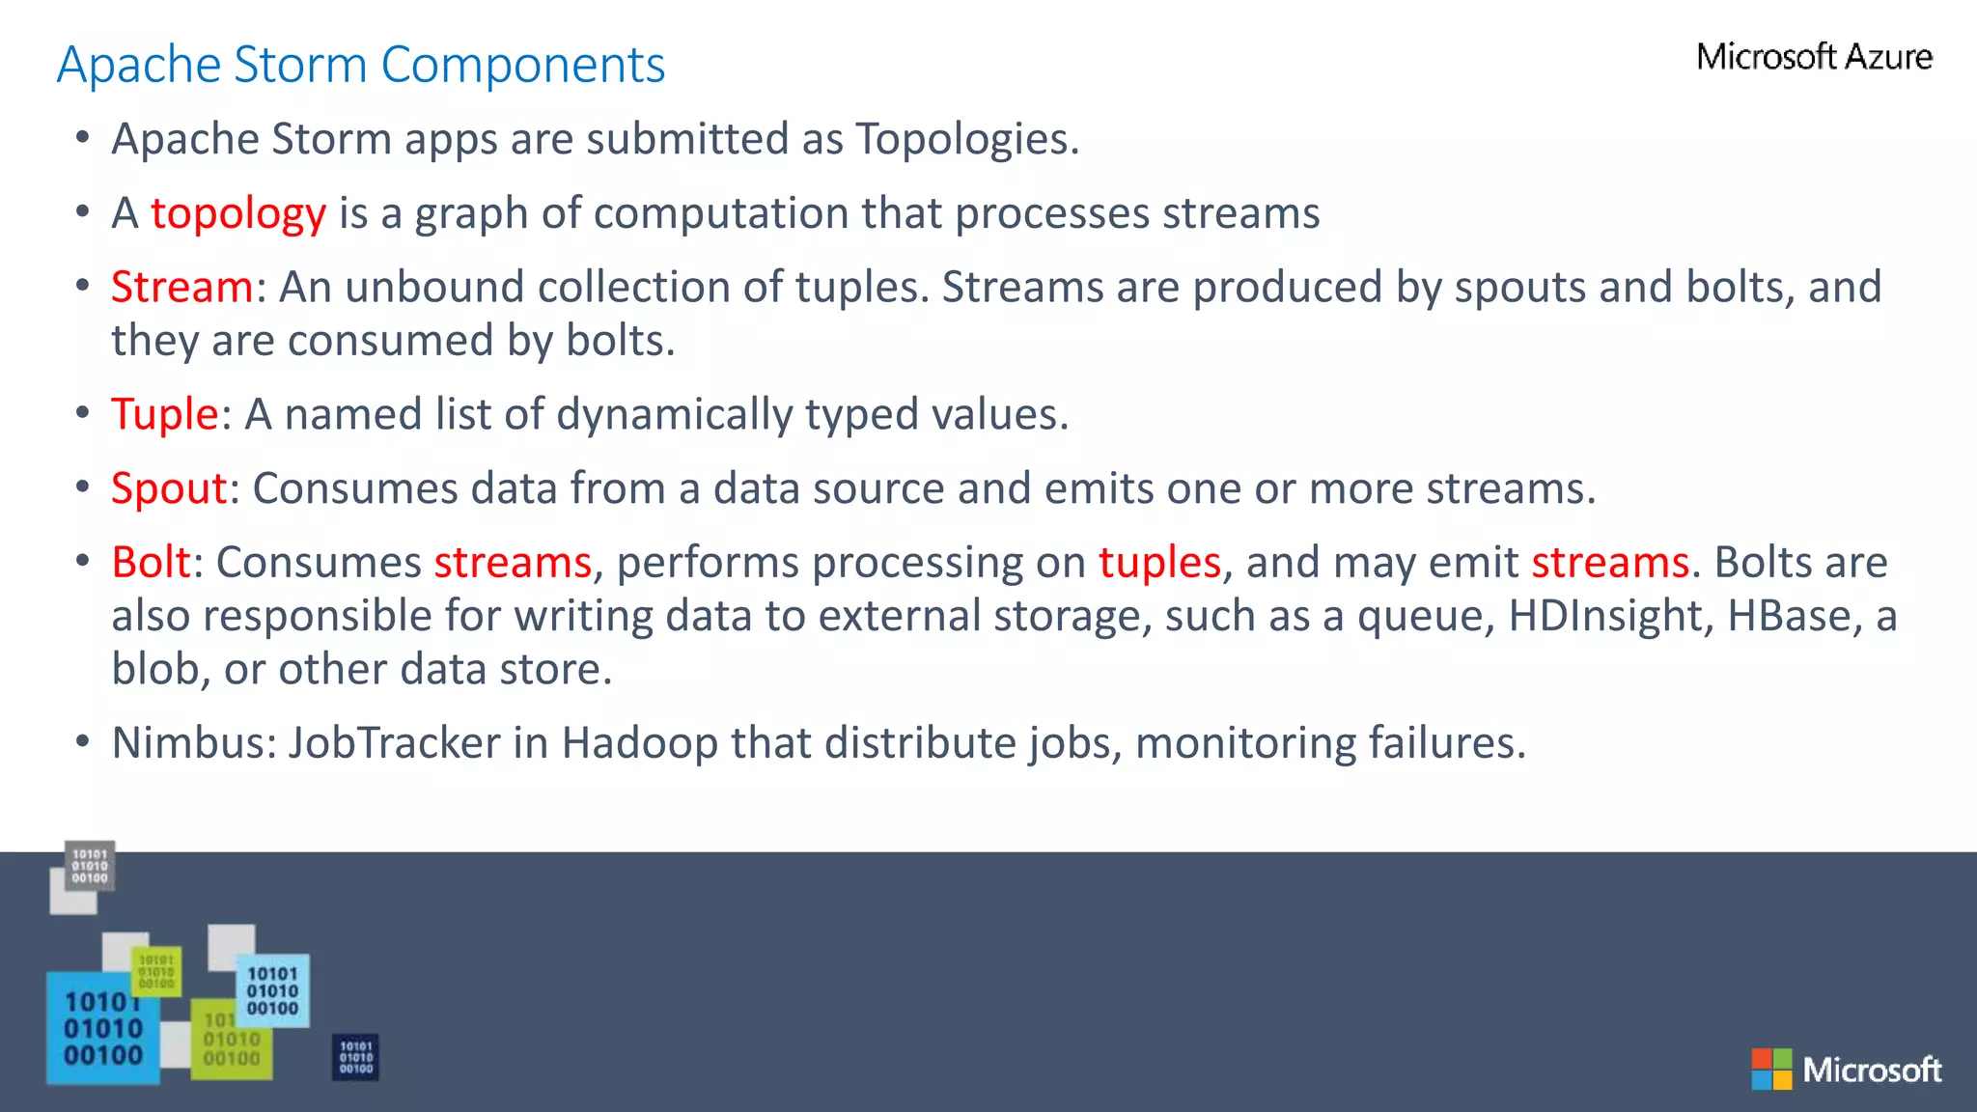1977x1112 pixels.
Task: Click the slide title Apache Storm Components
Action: pyautogui.click(x=361, y=66)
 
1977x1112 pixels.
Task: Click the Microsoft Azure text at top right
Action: pyautogui.click(x=1814, y=57)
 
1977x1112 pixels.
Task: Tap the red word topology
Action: pyautogui.click(x=238, y=213)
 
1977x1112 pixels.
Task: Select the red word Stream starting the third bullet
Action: pyautogui.click(x=181, y=288)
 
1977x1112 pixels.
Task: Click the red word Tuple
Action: pyautogui.click(x=165, y=415)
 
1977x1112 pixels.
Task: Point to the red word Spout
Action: pyautogui.click(x=169, y=488)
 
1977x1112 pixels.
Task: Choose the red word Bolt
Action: pyautogui.click(x=151, y=563)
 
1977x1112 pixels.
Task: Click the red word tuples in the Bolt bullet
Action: pyautogui.click(x=1159, y=563)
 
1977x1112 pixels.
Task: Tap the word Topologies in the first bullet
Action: pyautogui.click(x=966, y=140)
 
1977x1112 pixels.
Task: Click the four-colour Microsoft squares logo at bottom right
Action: pyautogui.click(x=1771, y=1070)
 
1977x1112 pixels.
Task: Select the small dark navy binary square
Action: pyautogui.click(x=355, y=1057)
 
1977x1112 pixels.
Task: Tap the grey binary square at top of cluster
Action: pyautogui.click(x=90, y=866)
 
